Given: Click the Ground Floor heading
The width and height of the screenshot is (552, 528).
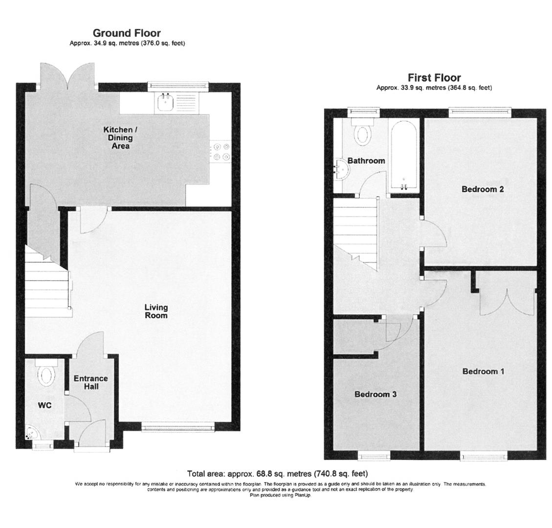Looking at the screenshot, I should (x=127, y=33).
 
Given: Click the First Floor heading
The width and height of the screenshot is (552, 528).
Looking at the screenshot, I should (x=434, y=77).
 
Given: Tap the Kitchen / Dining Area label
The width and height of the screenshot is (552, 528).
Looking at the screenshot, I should (x=117, y=137).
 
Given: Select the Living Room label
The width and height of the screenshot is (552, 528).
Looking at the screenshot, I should (x=156, y=311).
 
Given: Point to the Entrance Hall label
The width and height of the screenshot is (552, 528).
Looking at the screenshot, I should (x=91, y=382).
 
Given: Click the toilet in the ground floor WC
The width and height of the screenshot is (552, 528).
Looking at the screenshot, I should (x=47, y=375).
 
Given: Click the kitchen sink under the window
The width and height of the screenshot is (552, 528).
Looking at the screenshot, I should (x=163, y=103).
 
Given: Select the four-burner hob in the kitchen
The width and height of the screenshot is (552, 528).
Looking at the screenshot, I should (x=220, y=151).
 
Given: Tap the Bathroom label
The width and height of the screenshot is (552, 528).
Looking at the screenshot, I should (x=366, y=160).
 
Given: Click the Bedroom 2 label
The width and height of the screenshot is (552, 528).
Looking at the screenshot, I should (x=483, y=189).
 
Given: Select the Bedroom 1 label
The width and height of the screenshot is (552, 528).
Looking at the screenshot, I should (x=483, y=372).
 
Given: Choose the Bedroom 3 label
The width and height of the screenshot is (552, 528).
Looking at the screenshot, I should (x=375, y=394).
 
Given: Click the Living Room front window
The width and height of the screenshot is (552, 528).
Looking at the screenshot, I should (x=178, y=428).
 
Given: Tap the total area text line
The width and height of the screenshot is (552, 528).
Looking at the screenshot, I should (x=277, y=473).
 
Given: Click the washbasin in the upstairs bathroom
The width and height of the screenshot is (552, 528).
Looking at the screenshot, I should (x=340, y=168).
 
